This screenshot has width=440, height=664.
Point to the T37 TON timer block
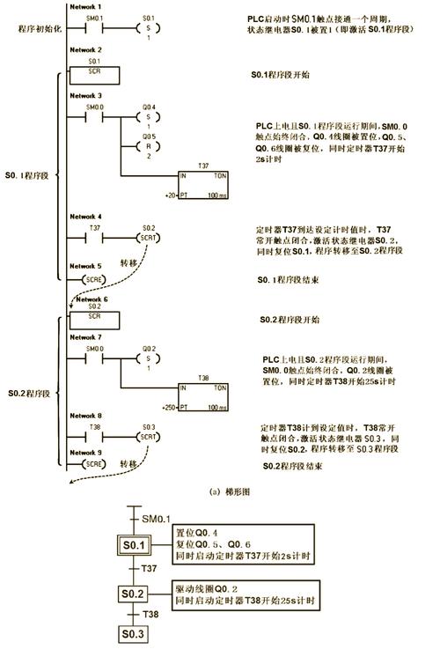[208, 181]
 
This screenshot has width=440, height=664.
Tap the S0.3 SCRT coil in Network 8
[147, 436]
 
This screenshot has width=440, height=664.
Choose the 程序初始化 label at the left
[36, 30]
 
